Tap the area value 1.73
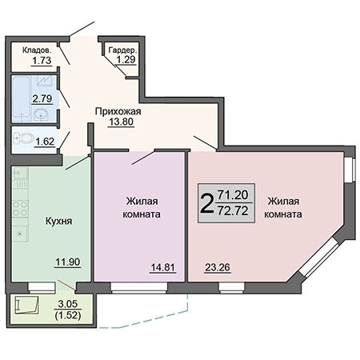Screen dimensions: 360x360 click(x=41, y=60)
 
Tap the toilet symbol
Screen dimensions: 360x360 click(x=25, y=139)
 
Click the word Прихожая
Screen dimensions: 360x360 click(x=118, y=111)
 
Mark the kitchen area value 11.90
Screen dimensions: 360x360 click(x=66, y=261)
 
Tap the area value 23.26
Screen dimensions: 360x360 click(x=218, y=268)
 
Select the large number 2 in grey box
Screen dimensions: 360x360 click(x=206, y=202)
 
